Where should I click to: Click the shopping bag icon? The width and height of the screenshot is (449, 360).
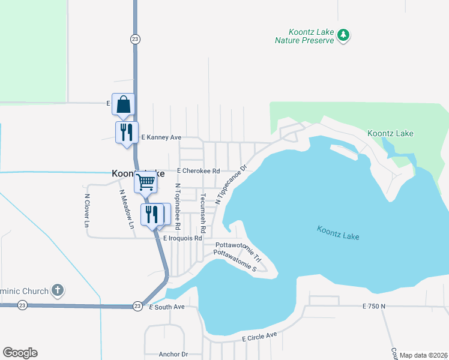[123, 104]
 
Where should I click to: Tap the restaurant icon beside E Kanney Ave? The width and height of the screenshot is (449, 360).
[127, 132]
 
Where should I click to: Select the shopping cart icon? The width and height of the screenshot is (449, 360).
[146, 182]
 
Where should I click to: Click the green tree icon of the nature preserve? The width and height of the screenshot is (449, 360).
[343, 35]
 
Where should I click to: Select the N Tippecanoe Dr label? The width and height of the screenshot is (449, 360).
[231, 184]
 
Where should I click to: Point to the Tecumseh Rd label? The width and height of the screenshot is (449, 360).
[203, 213]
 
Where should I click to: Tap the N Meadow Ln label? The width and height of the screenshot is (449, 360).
[127, 209]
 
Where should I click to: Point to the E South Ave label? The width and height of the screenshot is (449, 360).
[166, 307]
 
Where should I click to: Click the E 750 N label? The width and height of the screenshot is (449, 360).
[373, 306]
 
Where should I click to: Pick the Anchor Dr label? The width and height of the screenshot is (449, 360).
[173, 354]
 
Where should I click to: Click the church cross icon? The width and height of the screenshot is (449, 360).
[58, 291]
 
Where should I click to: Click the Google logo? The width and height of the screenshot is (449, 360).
[20, 353]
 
